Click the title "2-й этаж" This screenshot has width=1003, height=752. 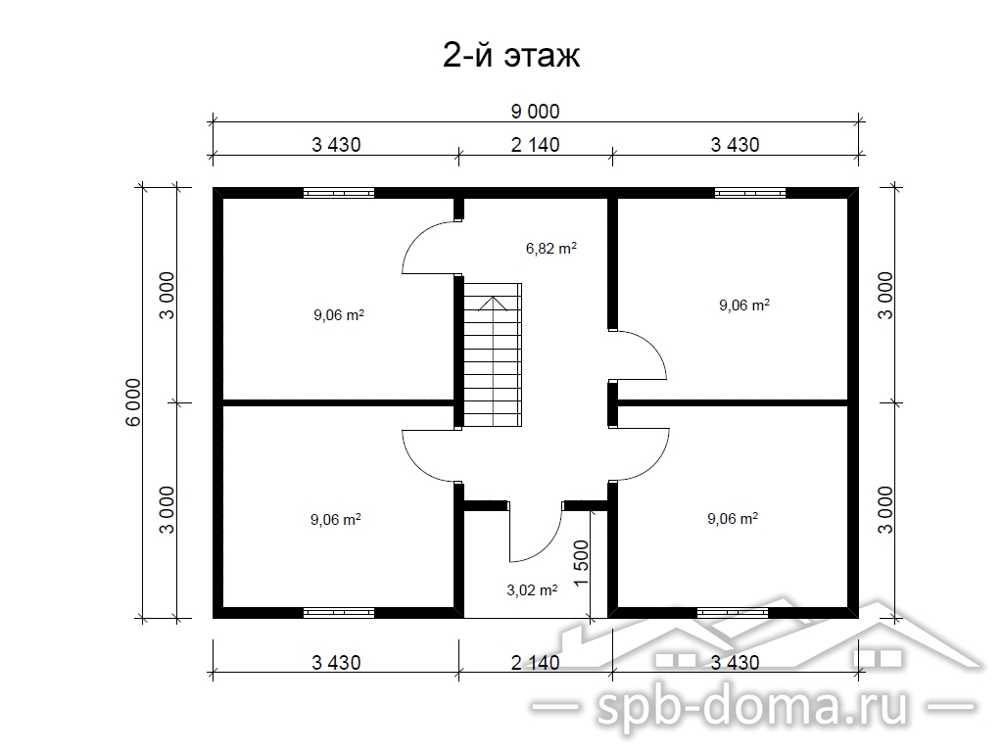(x=511, y=56)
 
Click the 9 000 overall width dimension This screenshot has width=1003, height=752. (x=536, y=112)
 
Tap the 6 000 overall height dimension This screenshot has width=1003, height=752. (x=133, y=402)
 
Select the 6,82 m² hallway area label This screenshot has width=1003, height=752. (x=551, y=248)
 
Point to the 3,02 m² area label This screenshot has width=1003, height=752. (x=532, y=589)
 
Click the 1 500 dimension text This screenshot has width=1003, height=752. (x=582, y=563)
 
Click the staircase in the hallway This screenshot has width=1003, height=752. (x=493, y=355)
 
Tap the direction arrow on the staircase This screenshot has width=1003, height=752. (x=493, y=305)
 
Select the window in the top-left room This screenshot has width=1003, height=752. (x=338, y=193)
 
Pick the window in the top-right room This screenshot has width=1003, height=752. (x=749, y=193)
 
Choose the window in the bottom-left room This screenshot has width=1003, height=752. (x=338, y=613)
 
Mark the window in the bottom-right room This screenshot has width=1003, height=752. (x=732, y=613)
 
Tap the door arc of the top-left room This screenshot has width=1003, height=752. (x=415, y=237)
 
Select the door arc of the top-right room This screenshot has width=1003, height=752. (x=656, y=349)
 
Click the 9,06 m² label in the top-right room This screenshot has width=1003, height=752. (x=744, y=305)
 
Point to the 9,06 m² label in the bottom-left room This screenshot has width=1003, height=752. (x=336, y=520)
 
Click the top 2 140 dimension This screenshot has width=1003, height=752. (x=536, y=145)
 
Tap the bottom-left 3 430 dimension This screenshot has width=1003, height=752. (x=336, y=663)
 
